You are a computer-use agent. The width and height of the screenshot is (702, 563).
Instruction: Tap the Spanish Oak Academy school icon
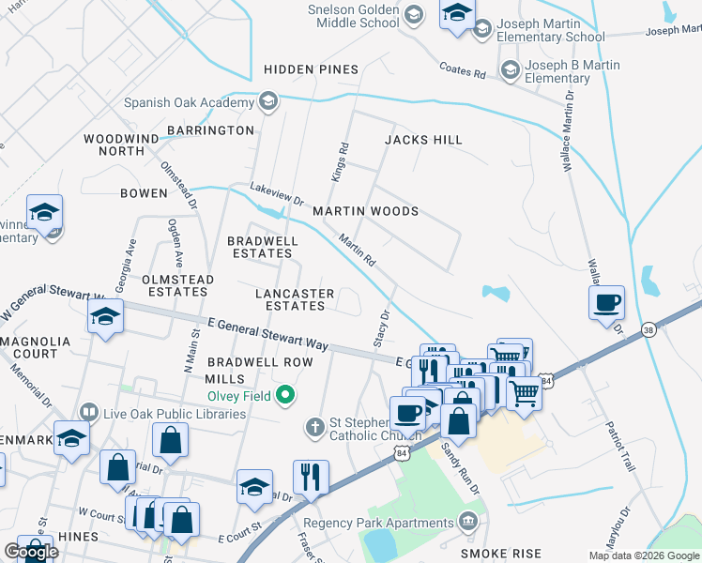click(x=268, y=101)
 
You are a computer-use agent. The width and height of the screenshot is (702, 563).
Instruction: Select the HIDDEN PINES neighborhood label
click(x=311, y=69)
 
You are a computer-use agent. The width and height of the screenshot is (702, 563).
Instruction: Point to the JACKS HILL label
click(x=423, y=140)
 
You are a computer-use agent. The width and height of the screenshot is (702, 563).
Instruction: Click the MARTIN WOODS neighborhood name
click(x=365, y=211)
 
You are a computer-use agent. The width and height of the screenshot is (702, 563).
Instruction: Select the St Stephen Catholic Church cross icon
click(x=316, y=428)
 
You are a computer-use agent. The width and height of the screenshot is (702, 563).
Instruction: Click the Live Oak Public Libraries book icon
click(x=89, y=412)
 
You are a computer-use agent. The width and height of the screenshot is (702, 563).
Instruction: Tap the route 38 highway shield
click(x=649, y=329)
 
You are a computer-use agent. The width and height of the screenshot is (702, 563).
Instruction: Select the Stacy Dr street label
click(x=382, y=328)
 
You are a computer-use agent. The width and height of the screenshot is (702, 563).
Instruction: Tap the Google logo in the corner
click(x=31, y=552)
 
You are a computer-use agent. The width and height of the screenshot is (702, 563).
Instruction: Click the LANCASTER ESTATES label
click(x=295, y=299)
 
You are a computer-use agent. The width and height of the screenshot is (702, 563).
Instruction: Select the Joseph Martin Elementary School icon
click(x=482, y=29)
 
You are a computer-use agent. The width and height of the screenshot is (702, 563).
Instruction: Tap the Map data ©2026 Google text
click(x=643, y=555)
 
